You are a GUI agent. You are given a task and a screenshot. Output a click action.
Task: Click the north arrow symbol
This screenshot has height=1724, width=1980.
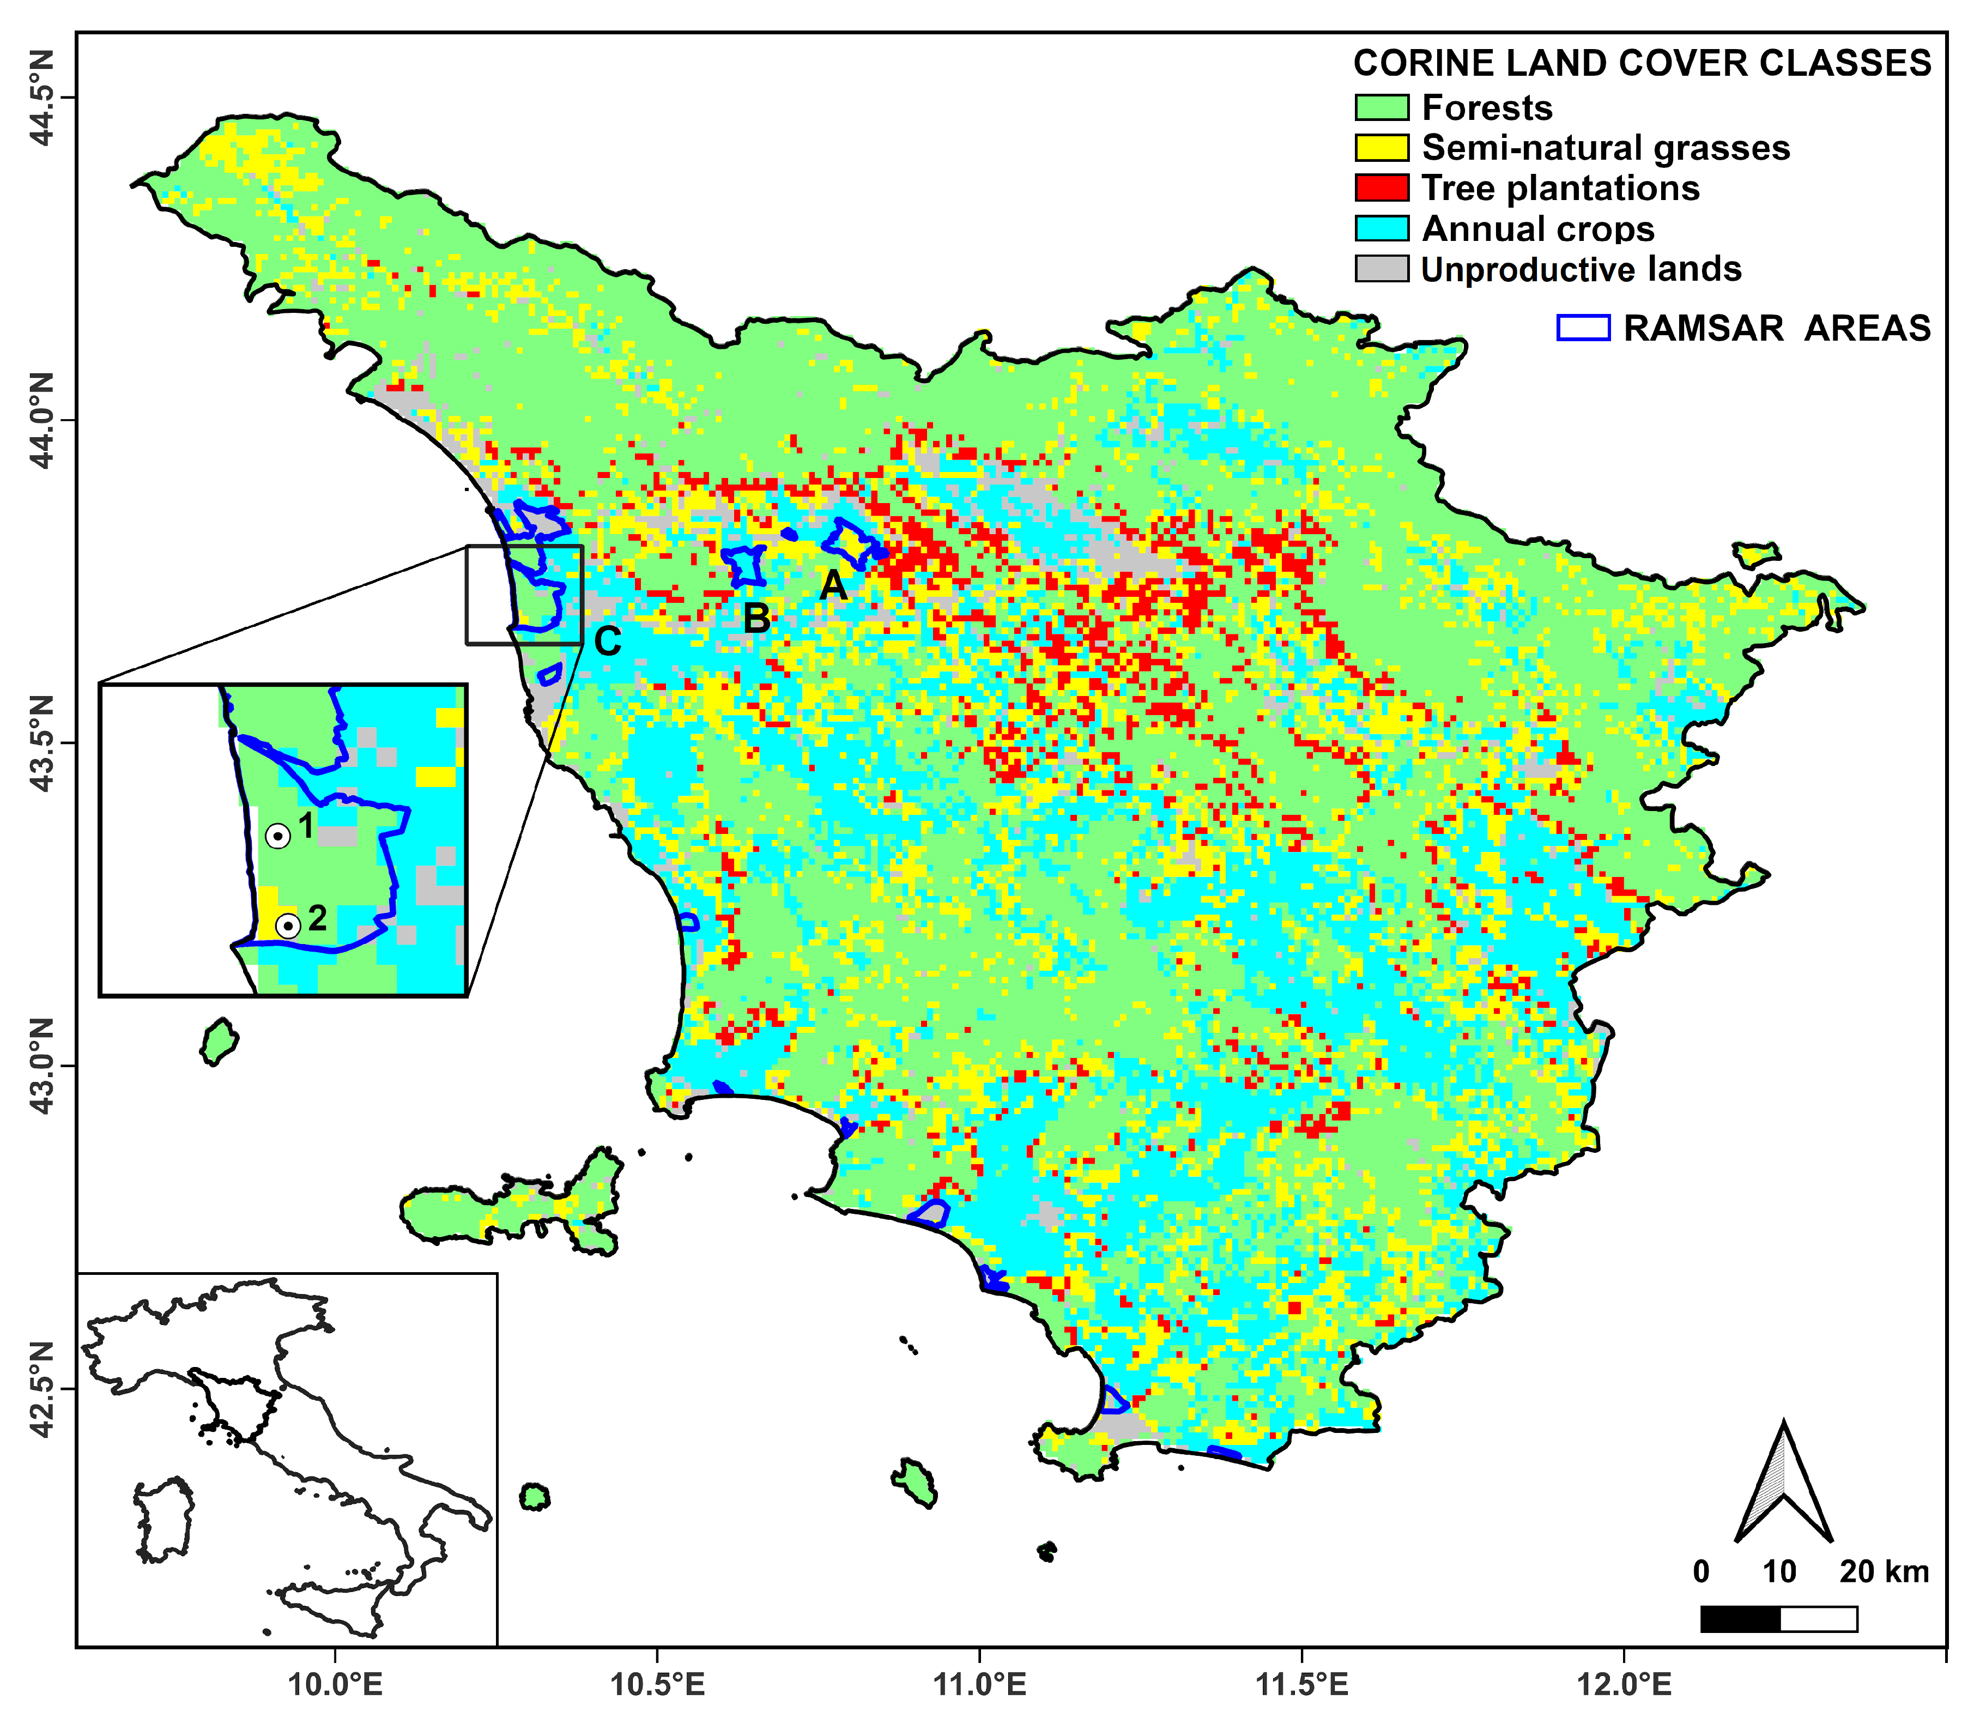click(1783, 1486)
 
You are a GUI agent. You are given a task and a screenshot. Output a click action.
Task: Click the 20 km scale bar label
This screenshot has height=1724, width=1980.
click(1884, 1572)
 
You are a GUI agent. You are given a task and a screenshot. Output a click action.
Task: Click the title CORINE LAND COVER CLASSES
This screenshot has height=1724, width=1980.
click(1642, 63)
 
